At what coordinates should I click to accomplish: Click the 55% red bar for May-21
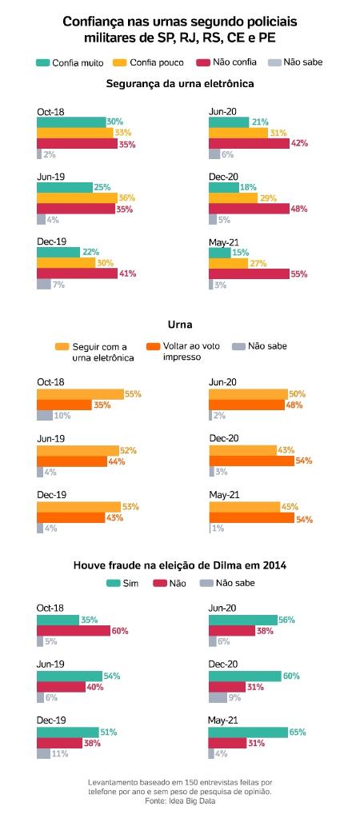249,273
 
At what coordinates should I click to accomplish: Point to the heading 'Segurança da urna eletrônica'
180,83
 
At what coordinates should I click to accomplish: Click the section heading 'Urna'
179,325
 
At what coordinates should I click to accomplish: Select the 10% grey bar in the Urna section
44,415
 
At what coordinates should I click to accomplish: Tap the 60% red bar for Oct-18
73,630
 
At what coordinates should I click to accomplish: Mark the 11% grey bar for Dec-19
42,753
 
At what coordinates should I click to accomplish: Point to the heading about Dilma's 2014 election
180,565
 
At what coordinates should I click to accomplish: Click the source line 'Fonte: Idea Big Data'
180,800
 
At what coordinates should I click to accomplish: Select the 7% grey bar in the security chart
43,284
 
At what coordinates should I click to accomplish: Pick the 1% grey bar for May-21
210,529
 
